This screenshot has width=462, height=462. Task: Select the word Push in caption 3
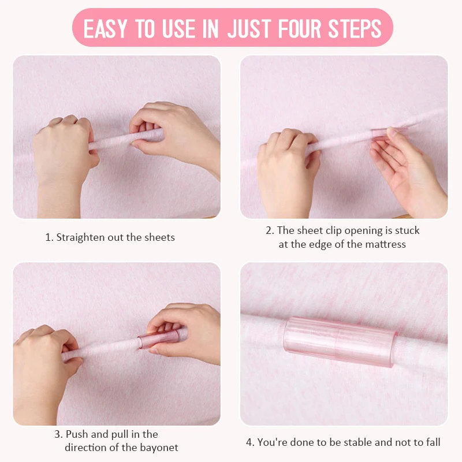[x=76, y=434]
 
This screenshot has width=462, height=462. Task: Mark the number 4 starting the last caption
[x=249, y=442]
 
